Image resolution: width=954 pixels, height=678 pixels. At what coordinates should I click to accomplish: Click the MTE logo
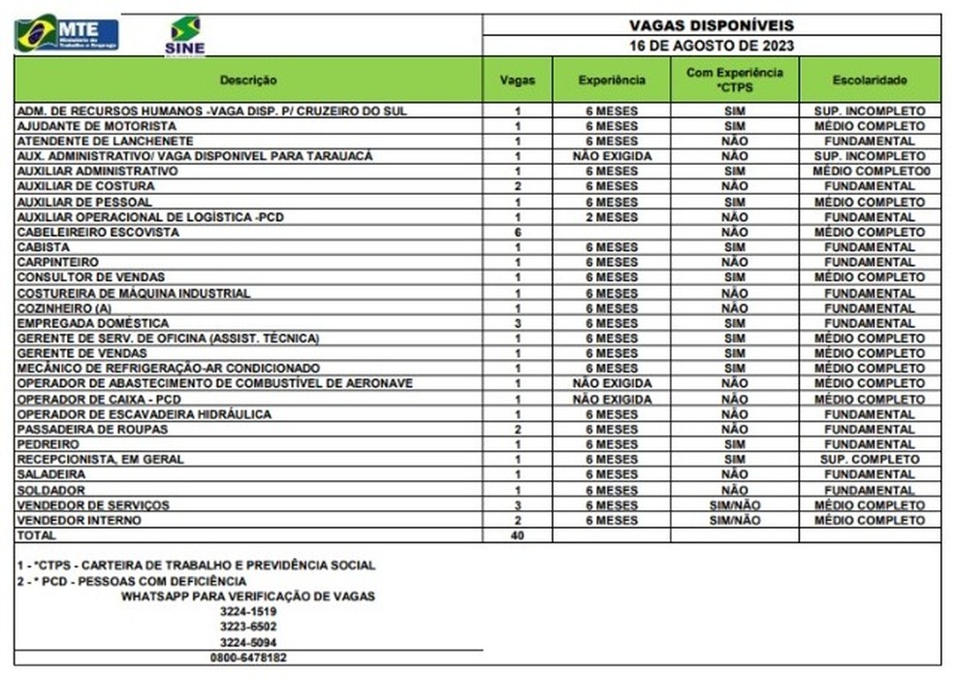coord(67,34)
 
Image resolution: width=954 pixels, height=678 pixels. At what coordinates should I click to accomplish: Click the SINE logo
coord(184,36)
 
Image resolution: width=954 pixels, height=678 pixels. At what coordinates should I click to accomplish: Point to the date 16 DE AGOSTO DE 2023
coord(711,46)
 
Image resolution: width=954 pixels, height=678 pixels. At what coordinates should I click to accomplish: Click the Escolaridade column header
coord(870,80)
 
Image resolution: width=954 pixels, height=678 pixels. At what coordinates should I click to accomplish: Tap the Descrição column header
coord(248,80)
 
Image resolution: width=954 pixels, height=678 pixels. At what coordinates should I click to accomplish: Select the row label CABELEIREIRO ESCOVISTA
coord(98,233)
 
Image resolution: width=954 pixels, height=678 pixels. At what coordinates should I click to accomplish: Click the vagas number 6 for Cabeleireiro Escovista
coord(518,233)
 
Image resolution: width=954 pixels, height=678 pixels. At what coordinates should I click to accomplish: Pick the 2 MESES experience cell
coord(611,217)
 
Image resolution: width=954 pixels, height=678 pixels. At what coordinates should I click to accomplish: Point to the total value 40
coord(518,535)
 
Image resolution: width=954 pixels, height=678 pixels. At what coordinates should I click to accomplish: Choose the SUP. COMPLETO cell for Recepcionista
coord(870,460)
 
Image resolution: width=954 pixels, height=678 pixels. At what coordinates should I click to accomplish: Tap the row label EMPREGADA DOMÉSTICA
coord(93,323)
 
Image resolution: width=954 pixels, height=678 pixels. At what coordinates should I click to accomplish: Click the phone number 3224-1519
coord(248,611)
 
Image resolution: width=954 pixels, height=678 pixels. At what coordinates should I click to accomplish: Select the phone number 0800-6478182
coord(248,658)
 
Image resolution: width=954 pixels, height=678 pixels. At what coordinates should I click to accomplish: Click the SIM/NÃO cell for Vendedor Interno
coord(735,521)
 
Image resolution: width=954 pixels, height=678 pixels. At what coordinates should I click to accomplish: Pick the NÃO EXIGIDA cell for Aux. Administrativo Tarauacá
coord(611,156)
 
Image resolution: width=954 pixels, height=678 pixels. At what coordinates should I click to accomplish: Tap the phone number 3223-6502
coord(248,627)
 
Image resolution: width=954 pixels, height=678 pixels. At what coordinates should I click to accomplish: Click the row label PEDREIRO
coord(47,444)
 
